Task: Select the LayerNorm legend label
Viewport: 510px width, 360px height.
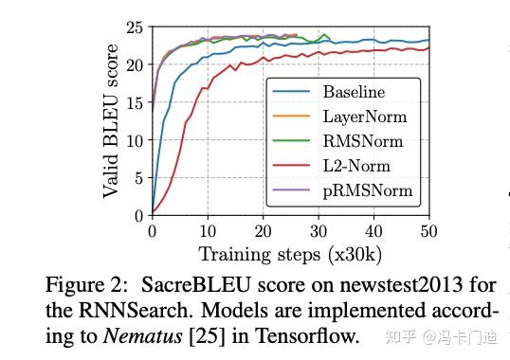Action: coord(365,117)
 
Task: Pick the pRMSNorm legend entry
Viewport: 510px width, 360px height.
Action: coord(368,191)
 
